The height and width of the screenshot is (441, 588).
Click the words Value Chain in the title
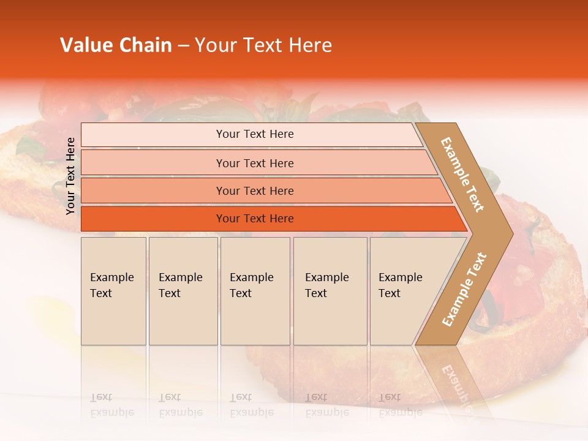click(x=116, y=45)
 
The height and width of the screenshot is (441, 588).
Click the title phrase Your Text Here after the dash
click(x=263, y=45)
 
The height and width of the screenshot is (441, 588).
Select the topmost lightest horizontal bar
click(x=153, y=135)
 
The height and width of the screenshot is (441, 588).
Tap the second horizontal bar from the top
click(x=153, y=163)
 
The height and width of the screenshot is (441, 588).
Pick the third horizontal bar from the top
click(x=153, y=191)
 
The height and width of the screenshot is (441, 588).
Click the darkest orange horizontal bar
click(x=153, y=219)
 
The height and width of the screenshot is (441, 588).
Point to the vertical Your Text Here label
click(x=71, y=176)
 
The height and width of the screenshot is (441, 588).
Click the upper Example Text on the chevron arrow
click(x=462, y=175)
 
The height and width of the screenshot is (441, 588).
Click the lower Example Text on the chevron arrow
click(x=464, y=289)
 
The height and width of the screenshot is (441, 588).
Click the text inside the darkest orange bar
click(x=255, y=219)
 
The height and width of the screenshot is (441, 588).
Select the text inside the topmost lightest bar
click(x=255, y=134)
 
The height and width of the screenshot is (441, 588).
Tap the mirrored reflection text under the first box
click(x=111, y=405)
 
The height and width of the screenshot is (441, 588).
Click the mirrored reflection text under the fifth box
click(x=400, y=405)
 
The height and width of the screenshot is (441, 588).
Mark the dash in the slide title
click(x=183, y=47)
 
